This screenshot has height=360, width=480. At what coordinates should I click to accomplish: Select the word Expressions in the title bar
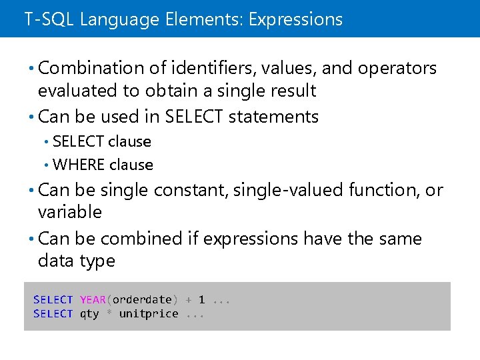coord(295,19)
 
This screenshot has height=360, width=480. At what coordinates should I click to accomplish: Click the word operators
coord(397,68)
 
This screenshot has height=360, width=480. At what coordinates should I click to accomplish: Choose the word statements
coord(273,117)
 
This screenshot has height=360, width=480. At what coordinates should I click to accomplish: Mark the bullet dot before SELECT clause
coord(46,141)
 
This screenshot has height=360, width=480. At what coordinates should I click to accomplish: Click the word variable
coord(70,213)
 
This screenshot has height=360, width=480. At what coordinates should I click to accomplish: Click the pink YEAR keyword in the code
coord(93,300)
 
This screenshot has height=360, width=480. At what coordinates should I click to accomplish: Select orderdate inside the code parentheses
coord(142,300)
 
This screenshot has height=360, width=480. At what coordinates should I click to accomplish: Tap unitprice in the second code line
coord(149,314)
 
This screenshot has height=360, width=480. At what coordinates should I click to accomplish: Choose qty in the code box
coord(89,314)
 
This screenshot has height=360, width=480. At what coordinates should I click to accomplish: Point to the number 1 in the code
coord(201,300)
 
